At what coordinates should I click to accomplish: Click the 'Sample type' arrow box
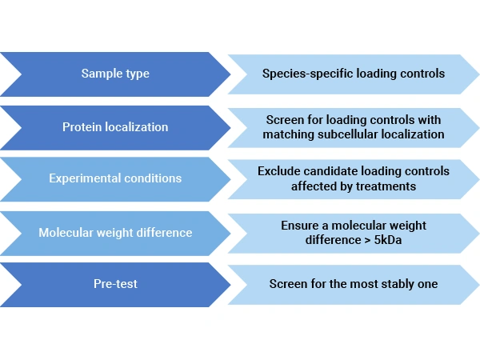point(115,74)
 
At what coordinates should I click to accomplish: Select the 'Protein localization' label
point(115,127)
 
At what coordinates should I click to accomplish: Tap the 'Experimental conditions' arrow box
point(115,178)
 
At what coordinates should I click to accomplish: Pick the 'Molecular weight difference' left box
point(115,233)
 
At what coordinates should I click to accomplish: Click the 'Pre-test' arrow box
point(115,284)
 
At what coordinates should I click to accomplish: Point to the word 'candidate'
point(327,171)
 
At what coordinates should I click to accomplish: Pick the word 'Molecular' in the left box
point(66,233)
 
